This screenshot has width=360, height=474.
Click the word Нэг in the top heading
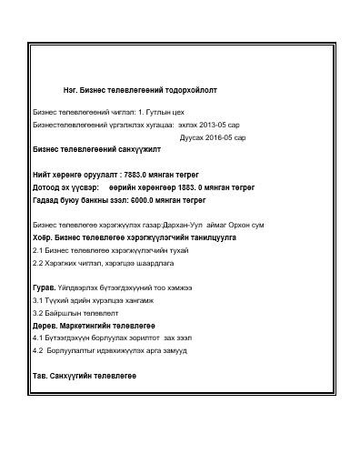(x=70, y=91)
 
